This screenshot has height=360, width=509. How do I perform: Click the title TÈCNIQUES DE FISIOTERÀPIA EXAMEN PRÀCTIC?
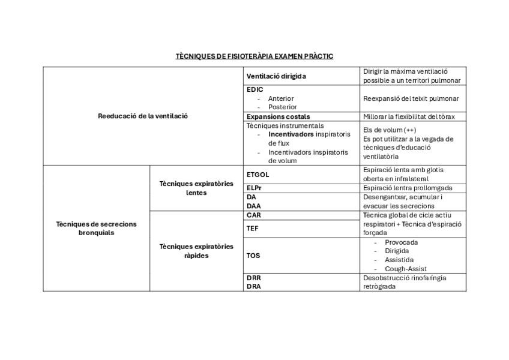coord(254,56)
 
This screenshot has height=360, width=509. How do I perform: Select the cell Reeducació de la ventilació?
coord(143,116)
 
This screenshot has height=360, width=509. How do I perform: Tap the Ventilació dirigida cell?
coord(276,76)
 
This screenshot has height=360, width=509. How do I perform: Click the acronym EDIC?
coord(254,89)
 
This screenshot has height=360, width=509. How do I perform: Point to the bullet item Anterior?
coord(281,98)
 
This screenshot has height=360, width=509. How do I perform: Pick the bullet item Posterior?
coord(282,107)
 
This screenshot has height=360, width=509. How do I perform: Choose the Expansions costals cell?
coord(278,116)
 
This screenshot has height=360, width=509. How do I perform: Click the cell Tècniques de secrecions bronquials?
coord(96,228)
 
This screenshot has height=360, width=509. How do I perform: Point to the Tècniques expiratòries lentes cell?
coord(196,188)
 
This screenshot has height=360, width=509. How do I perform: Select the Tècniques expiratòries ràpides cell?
coord(196,251)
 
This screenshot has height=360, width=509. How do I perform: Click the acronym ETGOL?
coord(258,175)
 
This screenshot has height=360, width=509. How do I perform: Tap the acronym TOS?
coord(253,255)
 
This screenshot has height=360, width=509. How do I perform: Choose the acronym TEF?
coord(253,228)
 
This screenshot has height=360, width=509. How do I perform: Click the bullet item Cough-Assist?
coord(406,269)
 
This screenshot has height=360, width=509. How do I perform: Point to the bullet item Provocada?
coord(402,242)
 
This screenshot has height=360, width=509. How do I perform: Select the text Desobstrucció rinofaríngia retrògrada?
coord(405,282)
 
